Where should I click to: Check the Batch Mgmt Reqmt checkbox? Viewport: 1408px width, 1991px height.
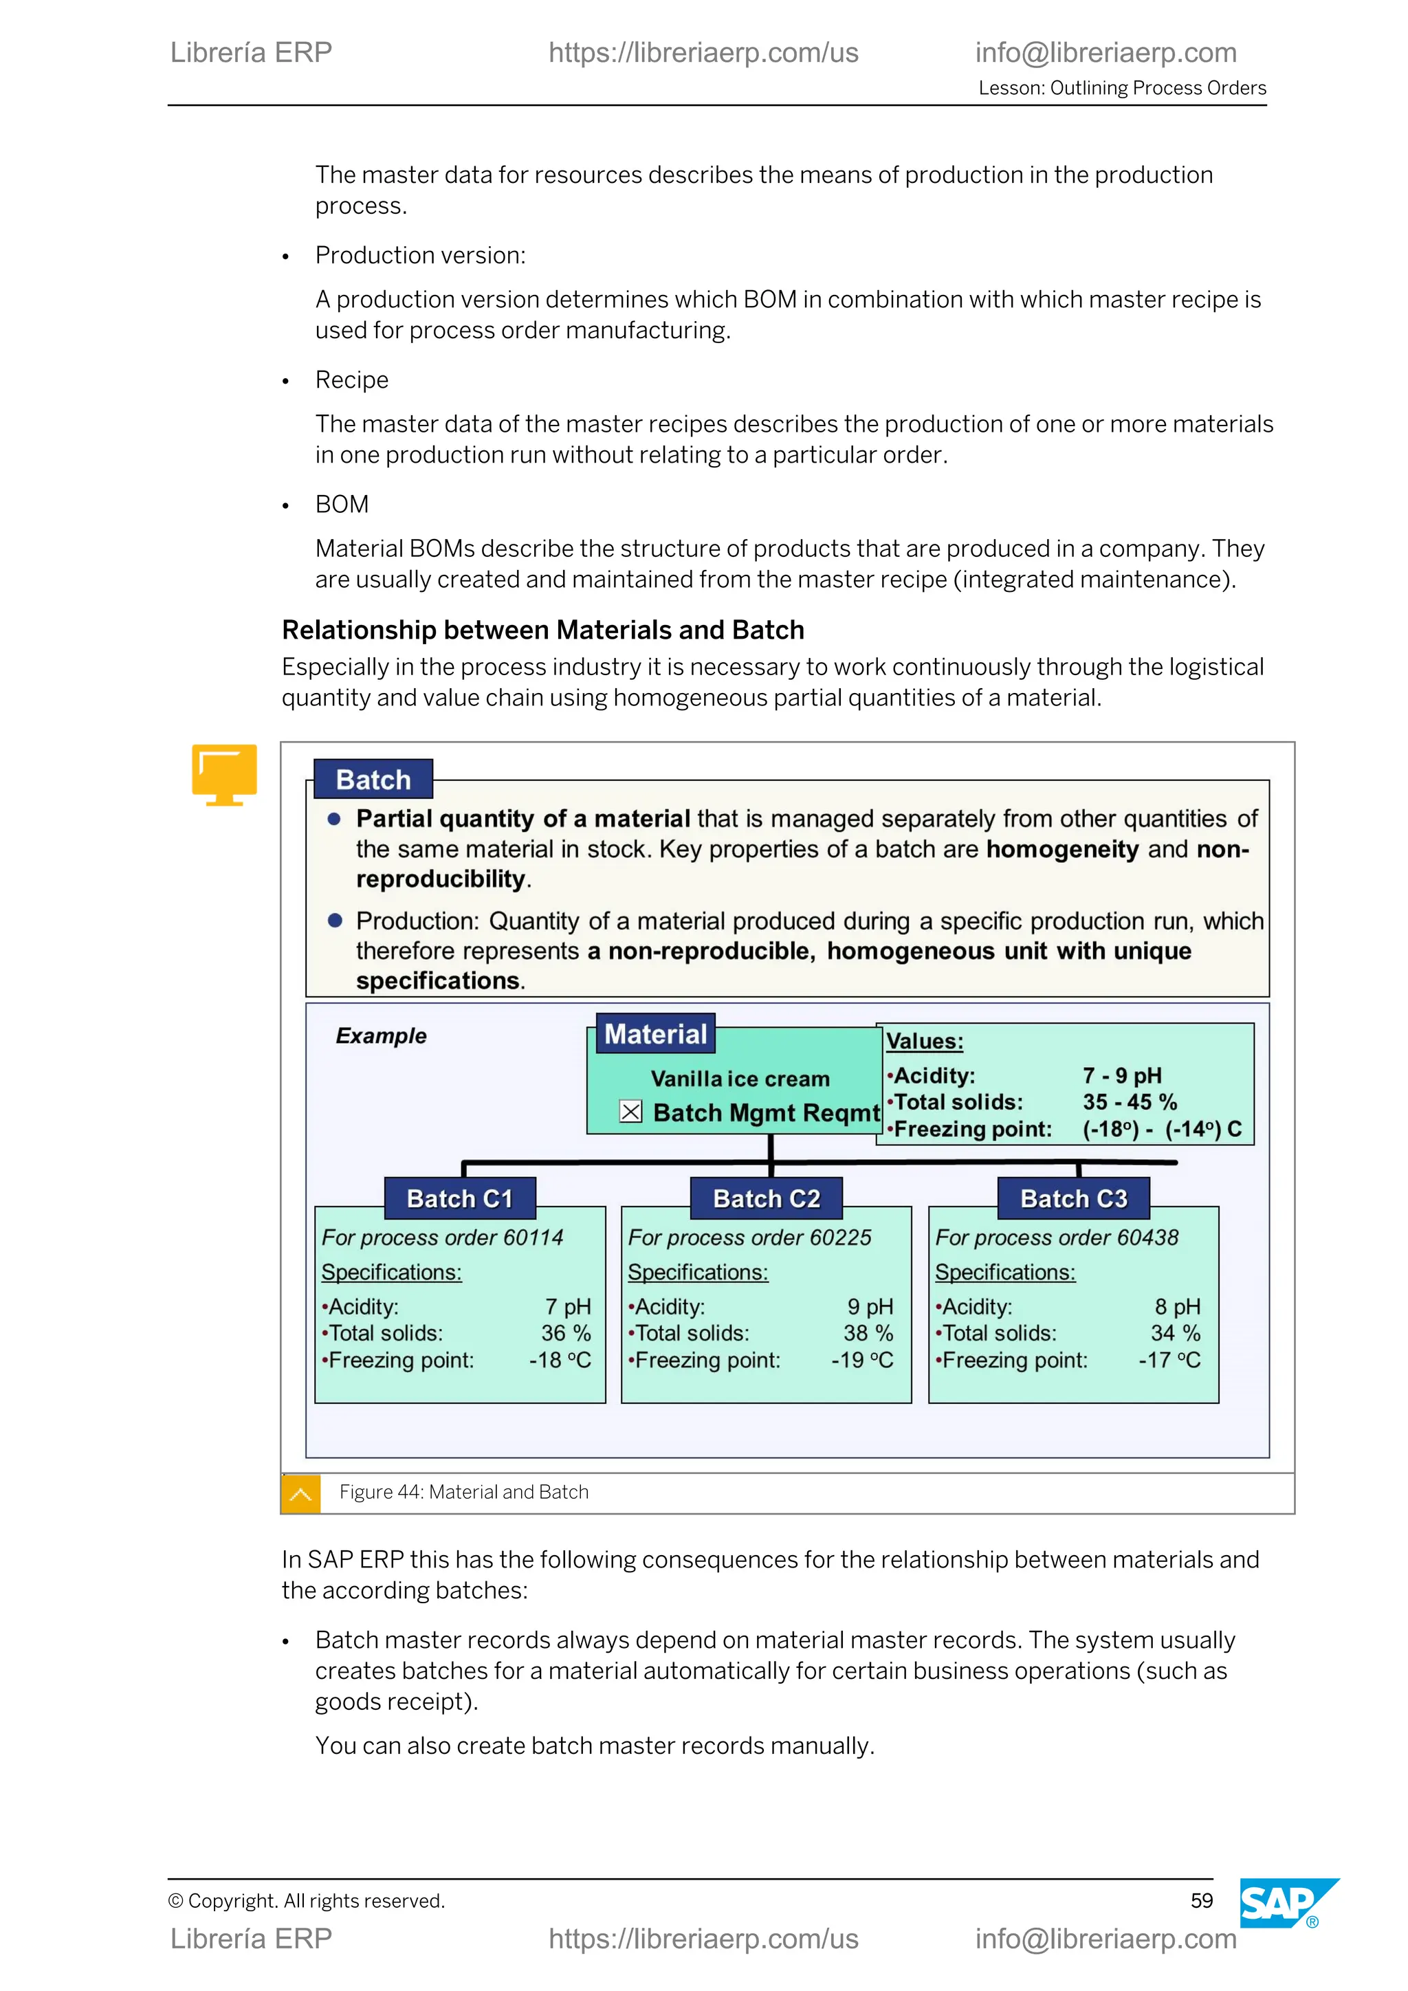(x=630, y=1112)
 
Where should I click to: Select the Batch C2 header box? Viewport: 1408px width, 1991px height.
(x=766, y=1198)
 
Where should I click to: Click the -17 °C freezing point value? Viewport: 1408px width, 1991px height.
(x=1169, y=1360)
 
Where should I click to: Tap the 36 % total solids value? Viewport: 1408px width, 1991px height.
(x=565, y=1333)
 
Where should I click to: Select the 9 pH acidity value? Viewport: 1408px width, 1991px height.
(x=870, y=1307)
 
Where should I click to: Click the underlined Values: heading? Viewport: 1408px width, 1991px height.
(x=924, y=1042)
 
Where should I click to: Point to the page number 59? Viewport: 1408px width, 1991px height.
(x=1201, y=1901)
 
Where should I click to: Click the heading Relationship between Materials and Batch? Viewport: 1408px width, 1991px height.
(x=542, y=630)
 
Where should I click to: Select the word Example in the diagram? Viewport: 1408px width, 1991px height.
(x=381, y=1035)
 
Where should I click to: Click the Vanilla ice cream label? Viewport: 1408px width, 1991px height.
(x=740, y=1079)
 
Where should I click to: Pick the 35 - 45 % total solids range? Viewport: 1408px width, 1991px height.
(x=1129, y=1102)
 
